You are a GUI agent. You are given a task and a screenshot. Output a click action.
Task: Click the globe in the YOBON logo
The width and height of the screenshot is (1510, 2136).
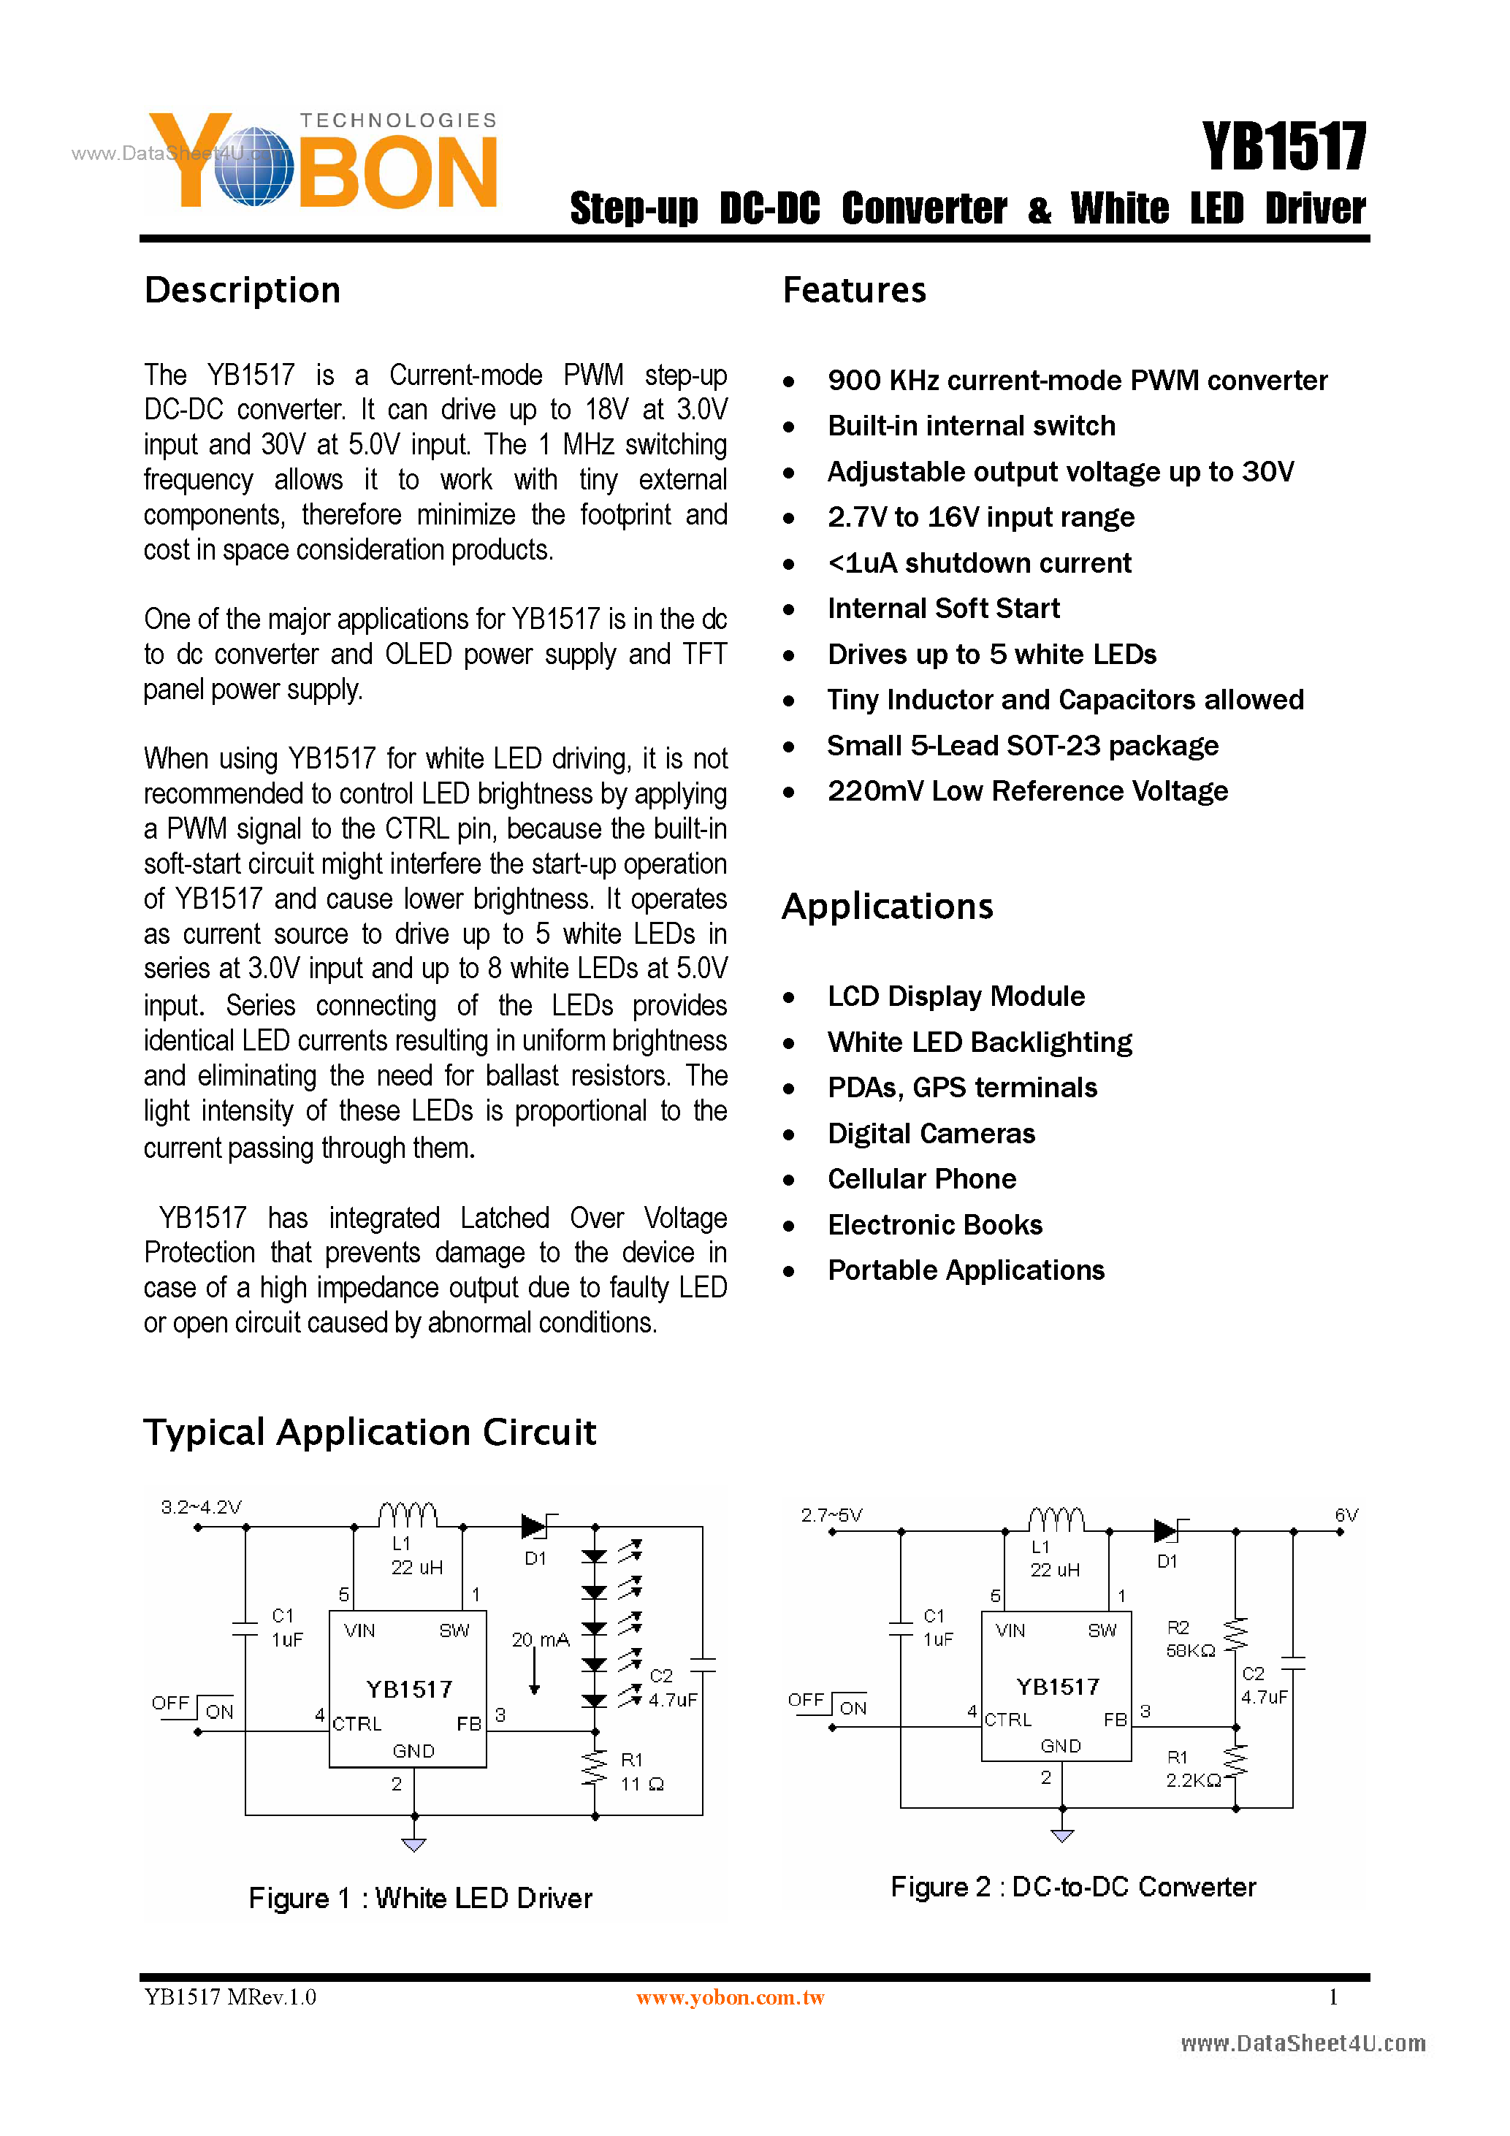coord(253,167)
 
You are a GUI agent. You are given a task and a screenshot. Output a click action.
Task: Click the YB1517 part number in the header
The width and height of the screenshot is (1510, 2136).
coord(1284,147)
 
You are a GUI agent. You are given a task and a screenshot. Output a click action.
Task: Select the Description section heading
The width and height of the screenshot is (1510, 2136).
coord(242,290)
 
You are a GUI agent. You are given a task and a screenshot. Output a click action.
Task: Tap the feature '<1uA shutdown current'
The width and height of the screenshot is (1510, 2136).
coord(979,562)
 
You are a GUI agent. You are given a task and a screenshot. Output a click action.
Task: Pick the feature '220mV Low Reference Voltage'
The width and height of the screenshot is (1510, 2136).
coord(1027,790)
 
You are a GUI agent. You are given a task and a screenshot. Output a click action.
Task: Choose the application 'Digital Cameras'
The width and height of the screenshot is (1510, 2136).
coord(931,1133)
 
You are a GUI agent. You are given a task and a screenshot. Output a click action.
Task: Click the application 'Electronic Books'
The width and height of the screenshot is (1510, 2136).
coord(934,1224)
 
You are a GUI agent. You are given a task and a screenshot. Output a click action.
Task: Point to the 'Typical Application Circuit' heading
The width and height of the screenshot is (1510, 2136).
coord(370,1432)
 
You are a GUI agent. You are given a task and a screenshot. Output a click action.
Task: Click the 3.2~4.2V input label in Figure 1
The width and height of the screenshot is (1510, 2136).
coord(201,1507)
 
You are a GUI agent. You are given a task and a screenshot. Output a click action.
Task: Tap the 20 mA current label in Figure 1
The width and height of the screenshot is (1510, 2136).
coord(540,1639)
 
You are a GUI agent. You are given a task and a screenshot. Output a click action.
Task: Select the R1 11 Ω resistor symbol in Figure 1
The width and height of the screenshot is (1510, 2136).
coord(595,1769)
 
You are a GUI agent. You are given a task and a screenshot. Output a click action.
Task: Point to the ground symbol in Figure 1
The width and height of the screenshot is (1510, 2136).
coord(414,1844)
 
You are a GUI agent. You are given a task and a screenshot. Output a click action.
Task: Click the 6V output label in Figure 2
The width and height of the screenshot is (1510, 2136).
coord(1346,1514)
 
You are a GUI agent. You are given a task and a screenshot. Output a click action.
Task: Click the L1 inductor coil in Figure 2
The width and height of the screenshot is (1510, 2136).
coord(1056,1519)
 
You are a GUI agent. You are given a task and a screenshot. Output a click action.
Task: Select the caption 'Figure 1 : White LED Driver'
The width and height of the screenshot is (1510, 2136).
coord(419,1898)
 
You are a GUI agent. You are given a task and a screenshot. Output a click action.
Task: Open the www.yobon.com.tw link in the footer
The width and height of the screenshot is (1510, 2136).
coord(731,1997)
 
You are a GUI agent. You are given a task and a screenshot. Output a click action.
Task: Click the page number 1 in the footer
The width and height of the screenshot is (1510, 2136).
coord(1333,1996)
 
